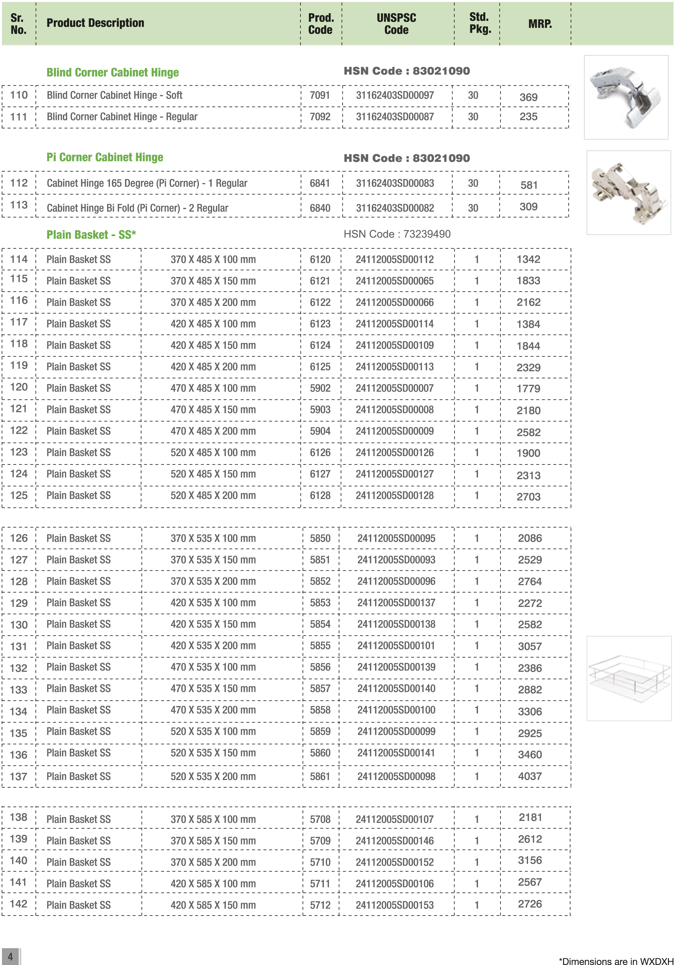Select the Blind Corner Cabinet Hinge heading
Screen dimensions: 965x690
pos(113,72)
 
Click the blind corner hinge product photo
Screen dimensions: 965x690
pos(625,97)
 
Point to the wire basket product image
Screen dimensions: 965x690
pos(629,678)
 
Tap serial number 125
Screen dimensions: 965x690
pos(19,495)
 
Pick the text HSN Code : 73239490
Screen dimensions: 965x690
pos(397,234)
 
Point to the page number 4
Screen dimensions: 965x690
pos(10,956)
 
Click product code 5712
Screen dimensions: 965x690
pos(320,905)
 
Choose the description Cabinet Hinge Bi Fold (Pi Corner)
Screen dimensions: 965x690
pos(137,208)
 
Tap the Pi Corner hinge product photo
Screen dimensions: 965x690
pos(629,192)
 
